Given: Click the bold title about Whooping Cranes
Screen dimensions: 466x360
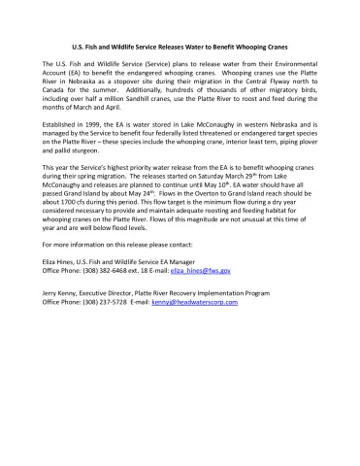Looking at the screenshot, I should coord(180,47).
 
